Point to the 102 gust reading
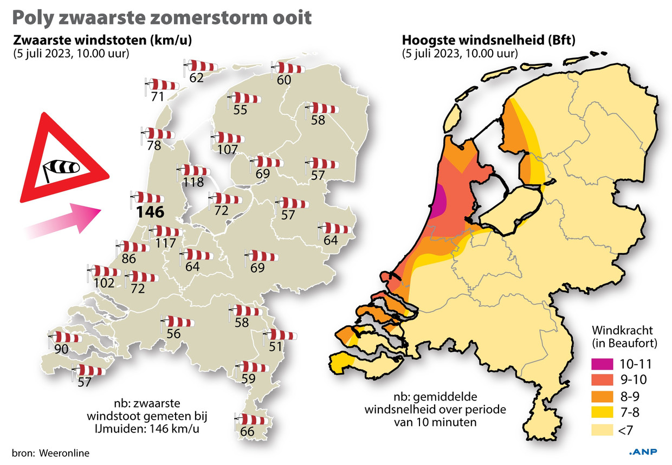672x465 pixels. coord(104,282)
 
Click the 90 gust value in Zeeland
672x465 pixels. coord(61,349)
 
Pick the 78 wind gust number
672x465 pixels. coord(154,145)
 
